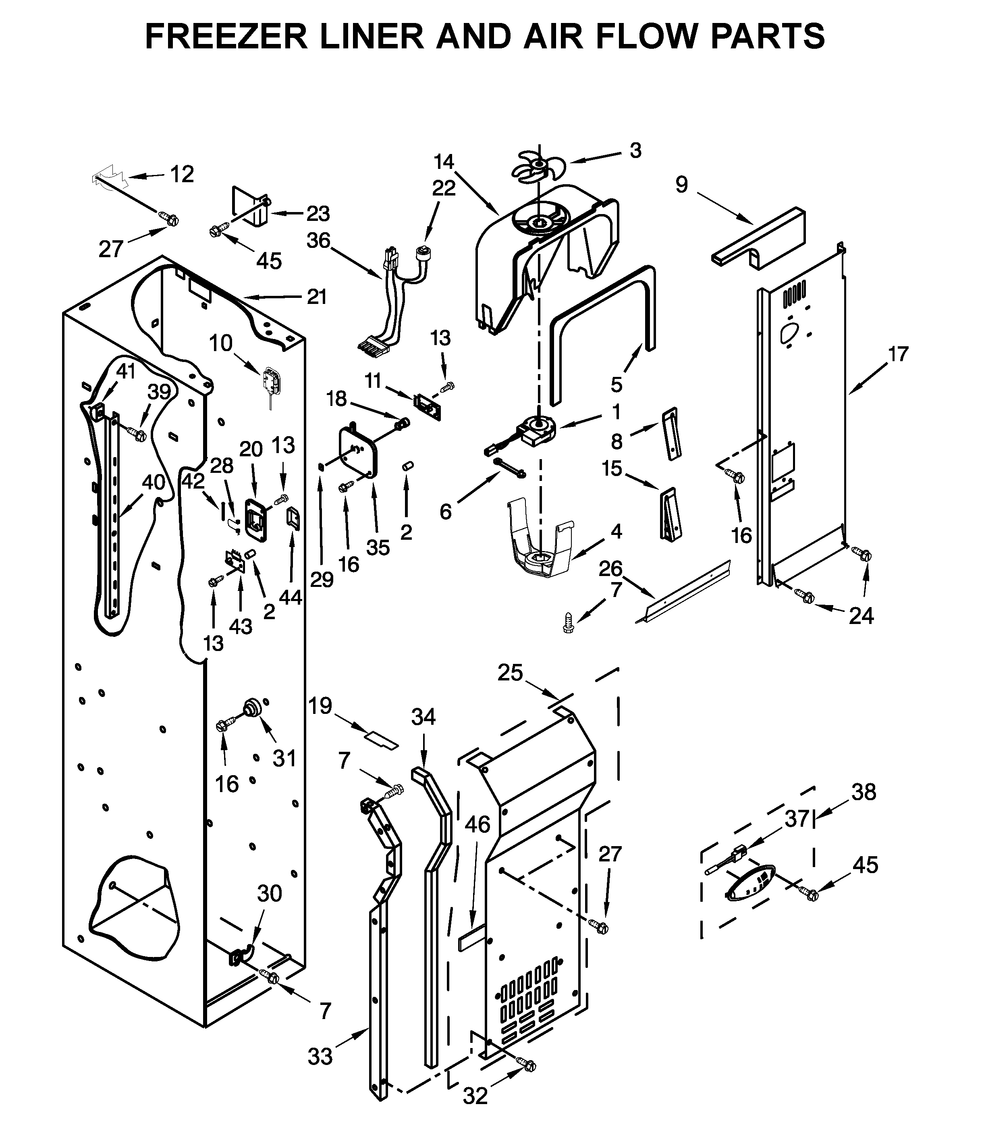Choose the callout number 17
tap(898, 354)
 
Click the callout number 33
tap(320, 1056)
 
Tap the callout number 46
tap(477, 824)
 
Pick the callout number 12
tap(182, 175)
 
